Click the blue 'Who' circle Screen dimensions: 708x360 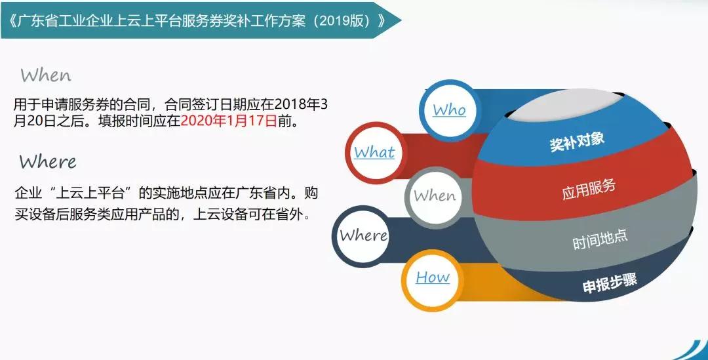click(x=449, y=110)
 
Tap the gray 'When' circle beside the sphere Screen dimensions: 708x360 click(x=435, y=197)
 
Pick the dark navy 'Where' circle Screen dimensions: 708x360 click(x=363, y=235)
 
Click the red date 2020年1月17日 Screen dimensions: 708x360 click(x=229, y=121)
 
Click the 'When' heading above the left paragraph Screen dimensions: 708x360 click(x=46, y=75)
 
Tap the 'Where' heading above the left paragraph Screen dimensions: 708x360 click(x=48, y=161)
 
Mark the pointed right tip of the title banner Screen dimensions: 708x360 click(x=401, y=20)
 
